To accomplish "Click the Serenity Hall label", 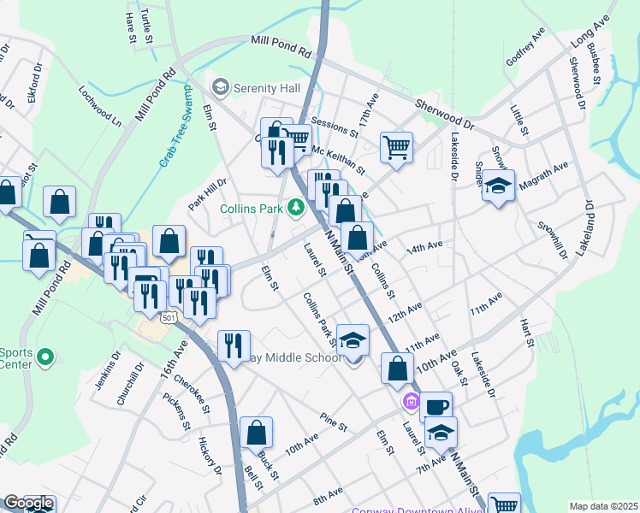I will tap(264, 87).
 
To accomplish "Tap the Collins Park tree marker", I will tap(296, 207).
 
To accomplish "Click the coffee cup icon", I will tap(436, 406).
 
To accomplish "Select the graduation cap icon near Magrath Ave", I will tap(497, 186).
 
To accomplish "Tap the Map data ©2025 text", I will tap(602, 505).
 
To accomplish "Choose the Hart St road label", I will tap(527, 333).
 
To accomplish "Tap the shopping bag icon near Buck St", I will tap(256, 433).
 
